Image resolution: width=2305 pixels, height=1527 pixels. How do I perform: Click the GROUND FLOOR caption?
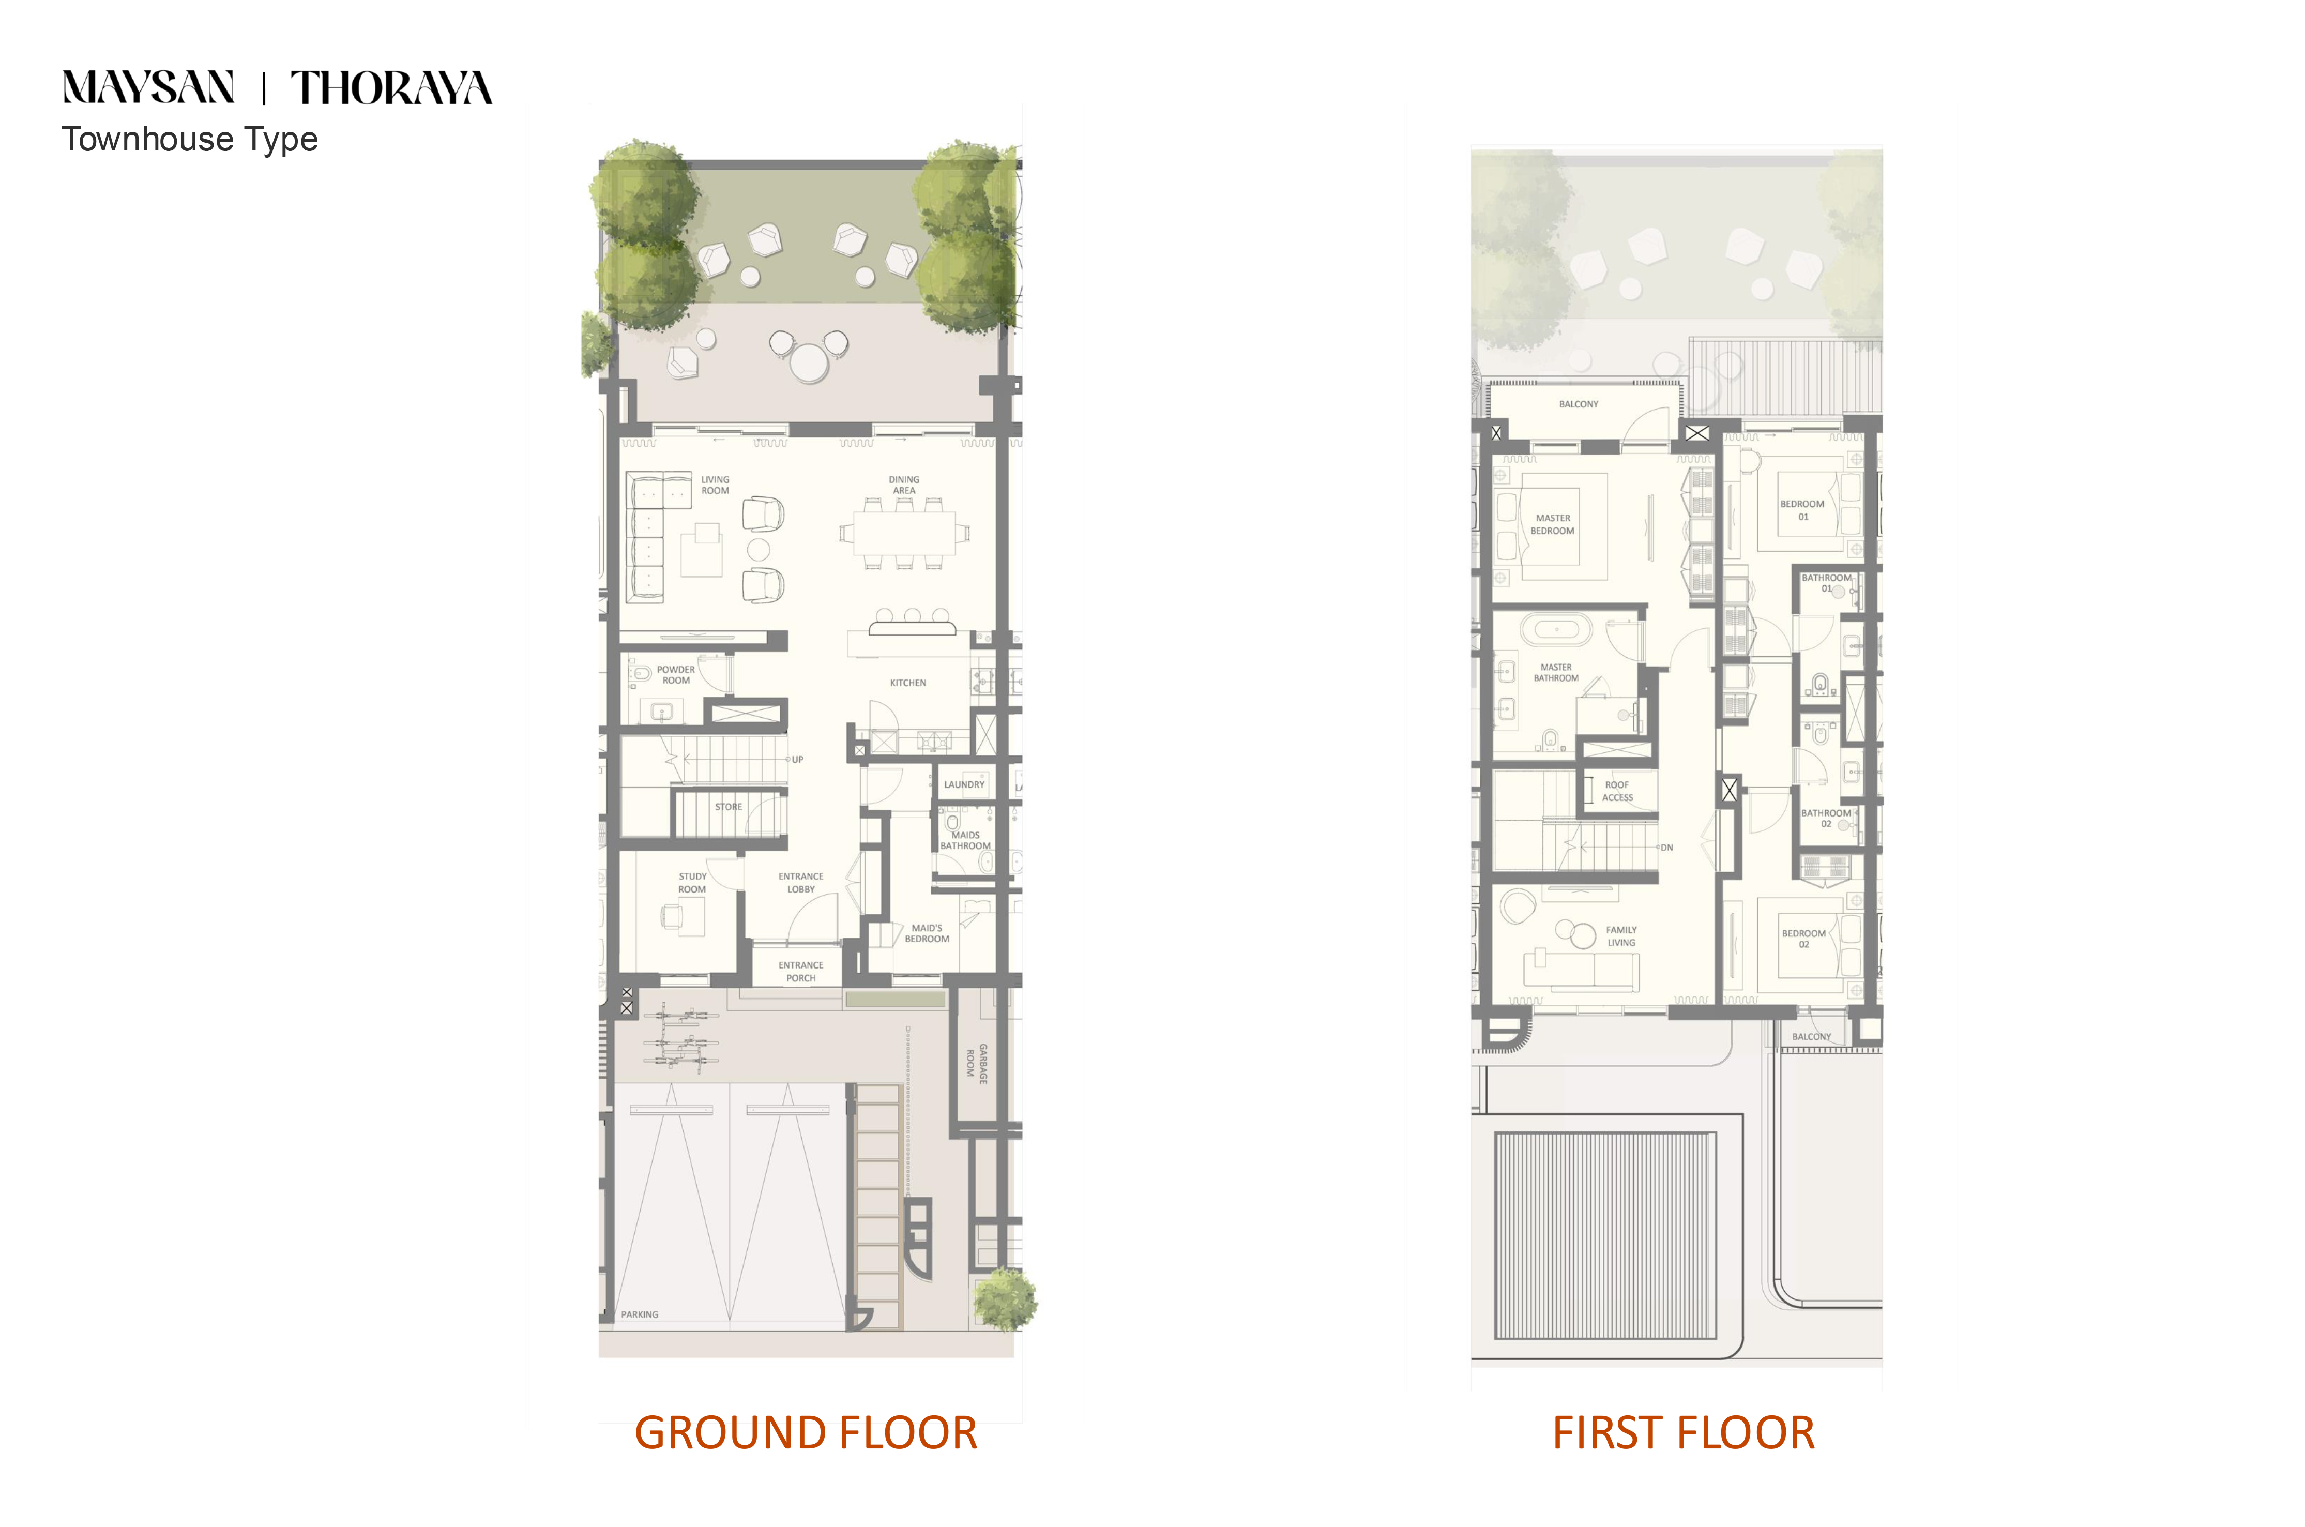806,1432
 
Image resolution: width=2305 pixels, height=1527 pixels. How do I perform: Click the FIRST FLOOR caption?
1683,1432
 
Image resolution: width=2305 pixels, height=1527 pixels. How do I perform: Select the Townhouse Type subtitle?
190,139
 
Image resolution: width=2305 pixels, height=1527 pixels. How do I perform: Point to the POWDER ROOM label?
676,675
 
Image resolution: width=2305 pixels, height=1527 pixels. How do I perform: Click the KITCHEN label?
907,683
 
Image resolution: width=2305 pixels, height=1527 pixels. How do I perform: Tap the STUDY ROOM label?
692,882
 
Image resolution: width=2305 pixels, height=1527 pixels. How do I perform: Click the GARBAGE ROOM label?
977,1064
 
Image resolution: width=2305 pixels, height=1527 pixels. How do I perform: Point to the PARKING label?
640,1314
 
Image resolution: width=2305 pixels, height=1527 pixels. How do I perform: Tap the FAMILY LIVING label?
1621,936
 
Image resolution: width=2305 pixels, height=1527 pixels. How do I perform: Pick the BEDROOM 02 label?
1803,939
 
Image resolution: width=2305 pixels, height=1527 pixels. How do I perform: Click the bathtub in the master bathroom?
1557,630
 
